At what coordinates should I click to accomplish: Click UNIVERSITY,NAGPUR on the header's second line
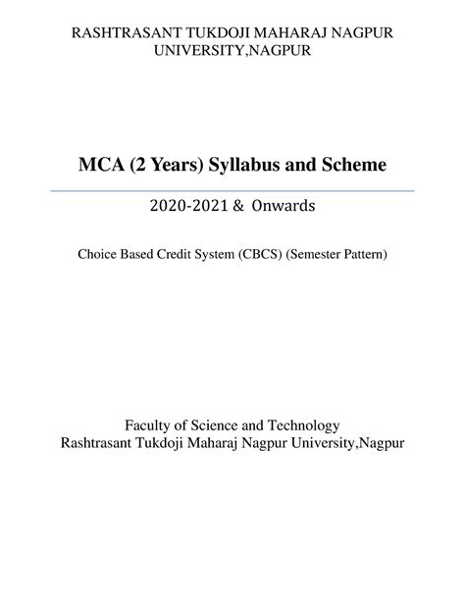pos(232,51)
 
